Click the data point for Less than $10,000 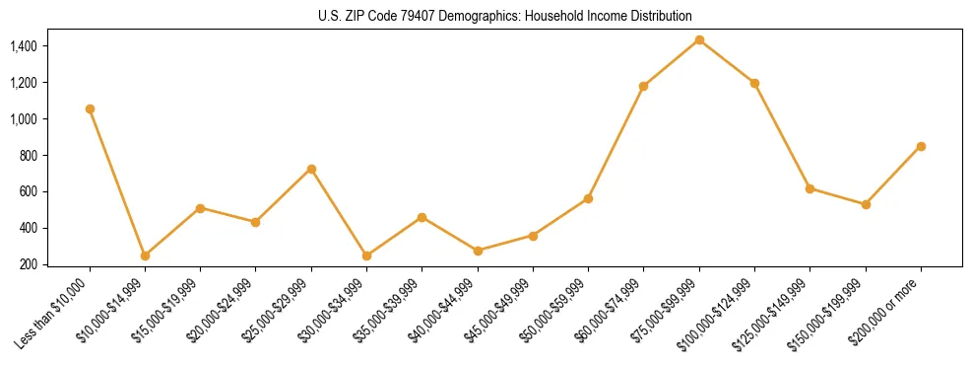[x=90, y=109]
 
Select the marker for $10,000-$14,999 [x=145, y=255]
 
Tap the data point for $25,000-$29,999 [x=311, y=169]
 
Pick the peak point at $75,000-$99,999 [x=699, y=39]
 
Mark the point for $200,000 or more [x=921, y=146]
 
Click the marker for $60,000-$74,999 [x=644, y=86]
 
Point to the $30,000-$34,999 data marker [x=366, y=255]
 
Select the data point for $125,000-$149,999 [x=810, y=187]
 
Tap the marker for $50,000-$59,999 [x=588, y=198]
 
